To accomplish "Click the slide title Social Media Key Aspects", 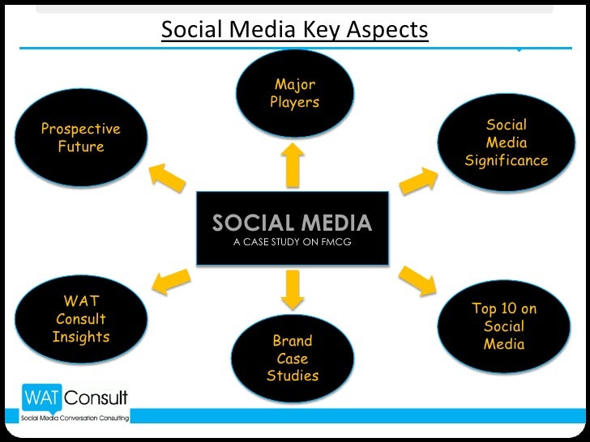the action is point(294,30).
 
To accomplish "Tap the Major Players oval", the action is point(295,93).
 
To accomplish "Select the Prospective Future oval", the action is point(80,138).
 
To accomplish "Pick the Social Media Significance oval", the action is point(507,142).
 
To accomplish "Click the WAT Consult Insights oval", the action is point(80,319).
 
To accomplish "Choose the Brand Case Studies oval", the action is point(293,358).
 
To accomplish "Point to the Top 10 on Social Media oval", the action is point(504,326).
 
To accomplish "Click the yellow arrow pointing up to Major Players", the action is point(293,164).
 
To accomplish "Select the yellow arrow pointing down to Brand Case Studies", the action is point(293,290).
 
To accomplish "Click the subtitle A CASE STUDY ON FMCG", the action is point(292,241).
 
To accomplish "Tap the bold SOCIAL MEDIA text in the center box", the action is point(292,223).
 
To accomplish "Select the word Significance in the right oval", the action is point(507,161).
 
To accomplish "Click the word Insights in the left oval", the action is point(80,337).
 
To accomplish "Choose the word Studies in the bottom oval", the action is point(293,376).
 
